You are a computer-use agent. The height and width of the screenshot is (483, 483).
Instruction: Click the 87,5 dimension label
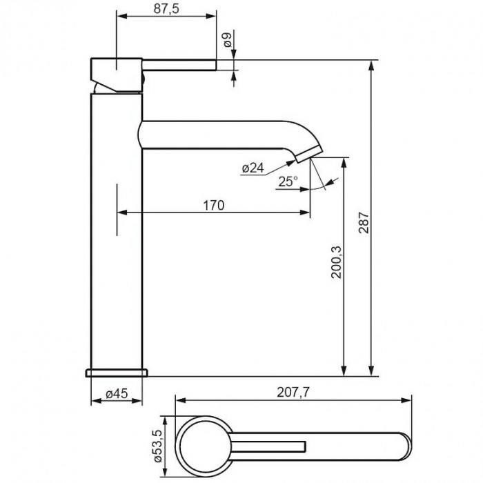[x=166, y=8]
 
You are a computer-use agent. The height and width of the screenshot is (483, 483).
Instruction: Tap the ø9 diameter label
[x=227, y=40]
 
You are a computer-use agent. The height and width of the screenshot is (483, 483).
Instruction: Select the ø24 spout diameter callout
[x=253, y=168]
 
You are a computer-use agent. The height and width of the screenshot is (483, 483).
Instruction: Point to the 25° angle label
[x=288, y=181]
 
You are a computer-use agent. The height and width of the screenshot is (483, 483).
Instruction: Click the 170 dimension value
[x=213, y=205]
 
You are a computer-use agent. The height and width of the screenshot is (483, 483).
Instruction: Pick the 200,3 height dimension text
[x=336, y=262]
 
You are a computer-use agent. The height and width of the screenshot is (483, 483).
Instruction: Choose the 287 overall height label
[x=364, y=222]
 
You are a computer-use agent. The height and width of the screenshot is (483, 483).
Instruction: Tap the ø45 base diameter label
[x=117, y=393]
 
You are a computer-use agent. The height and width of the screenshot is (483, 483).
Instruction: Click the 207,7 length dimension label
[x=293, y=392]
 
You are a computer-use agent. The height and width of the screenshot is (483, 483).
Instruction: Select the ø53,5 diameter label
[x=157, y=446]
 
